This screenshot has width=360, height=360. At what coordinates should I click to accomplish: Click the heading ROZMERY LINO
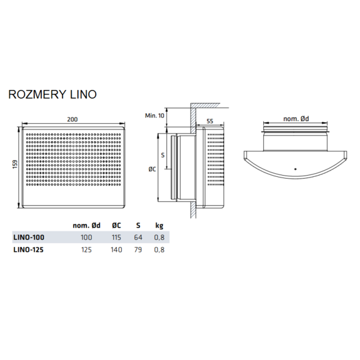pos(52,94)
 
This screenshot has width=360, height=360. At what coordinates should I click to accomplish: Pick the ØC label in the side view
pos(152,169)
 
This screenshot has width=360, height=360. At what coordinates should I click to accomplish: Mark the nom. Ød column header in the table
pos(86,225)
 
